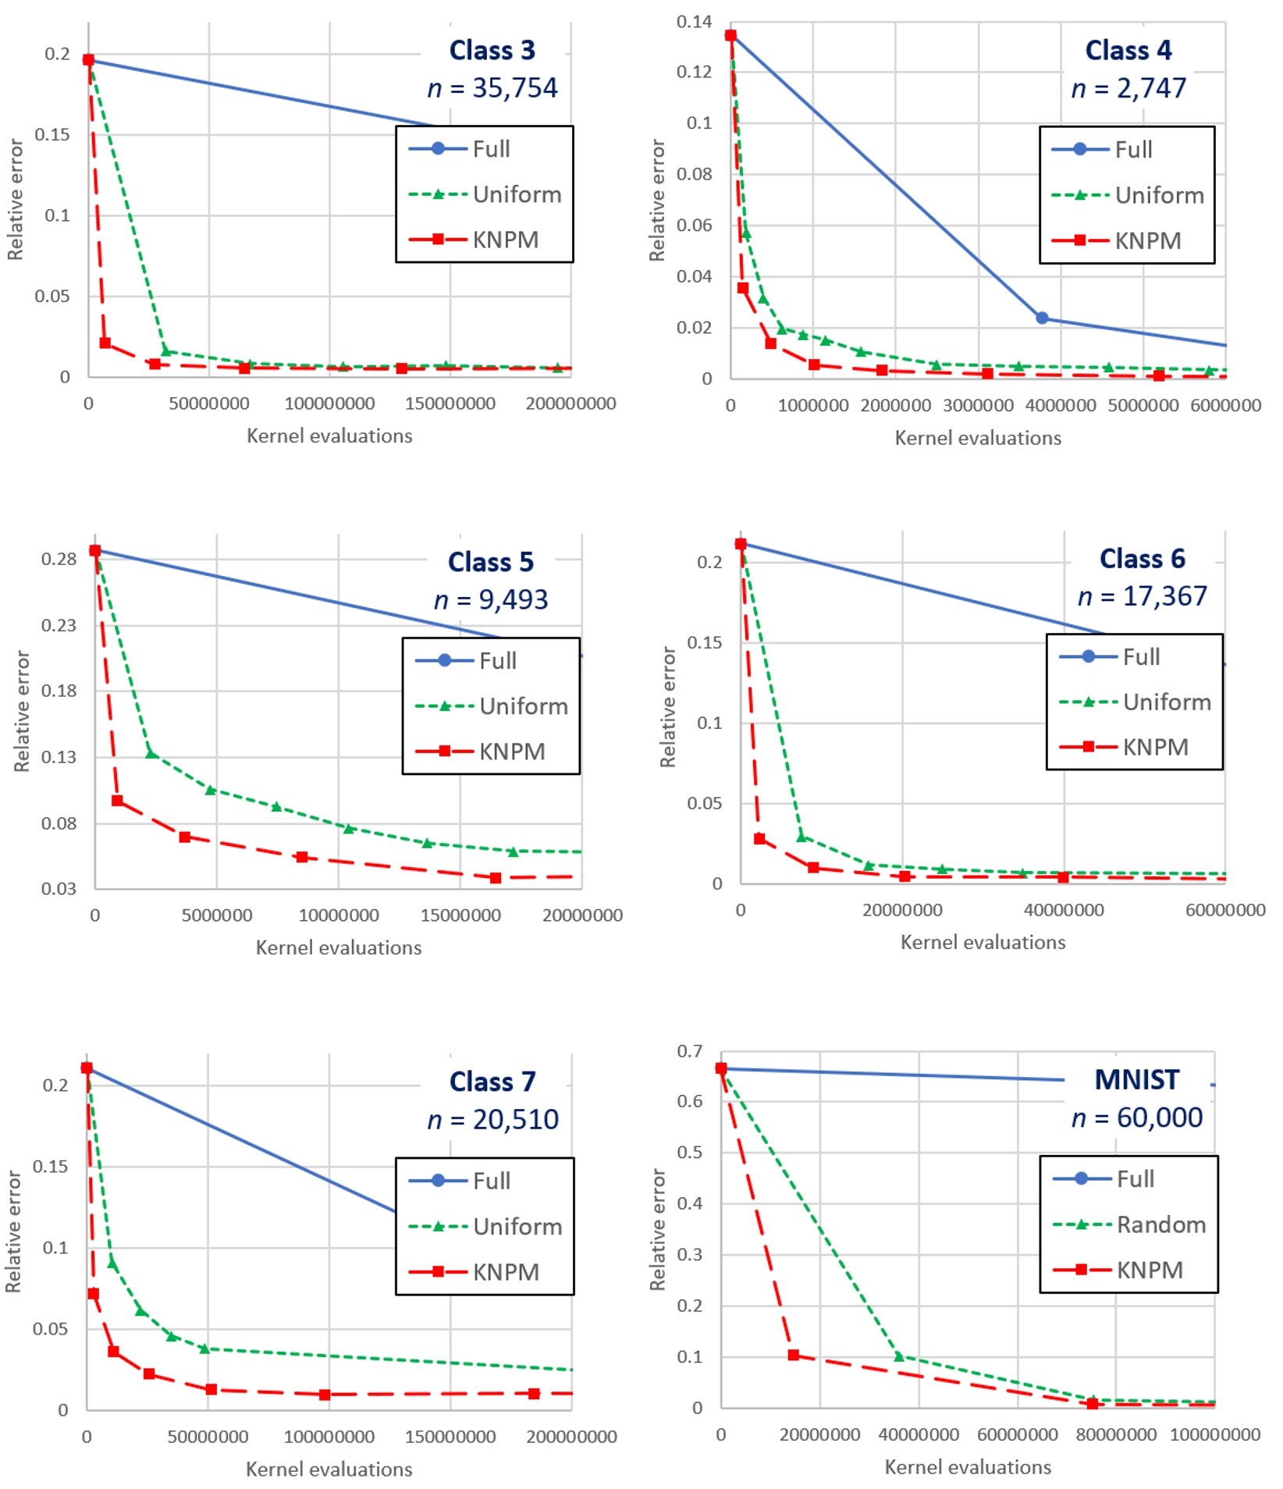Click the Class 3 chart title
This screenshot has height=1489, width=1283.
[492, 50]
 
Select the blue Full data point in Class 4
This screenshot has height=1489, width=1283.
[1041, 318]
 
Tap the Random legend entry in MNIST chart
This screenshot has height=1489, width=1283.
[1160, 1224]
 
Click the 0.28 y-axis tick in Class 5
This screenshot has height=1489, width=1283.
[59, 559]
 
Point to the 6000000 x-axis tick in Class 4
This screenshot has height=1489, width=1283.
[1225, 405]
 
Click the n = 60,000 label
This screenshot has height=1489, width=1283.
[1136, 1118]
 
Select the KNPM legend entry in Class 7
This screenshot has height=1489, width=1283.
[506, 1272]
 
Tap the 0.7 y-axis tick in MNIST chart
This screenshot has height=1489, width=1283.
[689, 1051]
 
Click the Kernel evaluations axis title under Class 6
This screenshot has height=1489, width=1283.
[983, 942]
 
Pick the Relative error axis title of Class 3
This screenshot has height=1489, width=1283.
[15, 199]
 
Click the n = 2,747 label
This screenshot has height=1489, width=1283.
[1128, 88]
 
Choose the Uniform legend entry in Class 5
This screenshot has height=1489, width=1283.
[523, 706]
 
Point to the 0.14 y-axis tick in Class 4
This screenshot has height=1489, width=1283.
[694, 22]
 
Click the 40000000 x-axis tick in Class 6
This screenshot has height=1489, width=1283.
[1064, 909]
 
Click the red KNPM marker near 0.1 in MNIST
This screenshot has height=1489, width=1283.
[793, 1355]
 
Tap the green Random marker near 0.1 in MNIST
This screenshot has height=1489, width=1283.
[898, 1356]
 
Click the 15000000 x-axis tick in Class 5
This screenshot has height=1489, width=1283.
[460, 915]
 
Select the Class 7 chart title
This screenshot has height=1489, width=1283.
[492, 1082]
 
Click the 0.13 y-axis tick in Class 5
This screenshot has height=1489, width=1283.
[59, 756]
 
